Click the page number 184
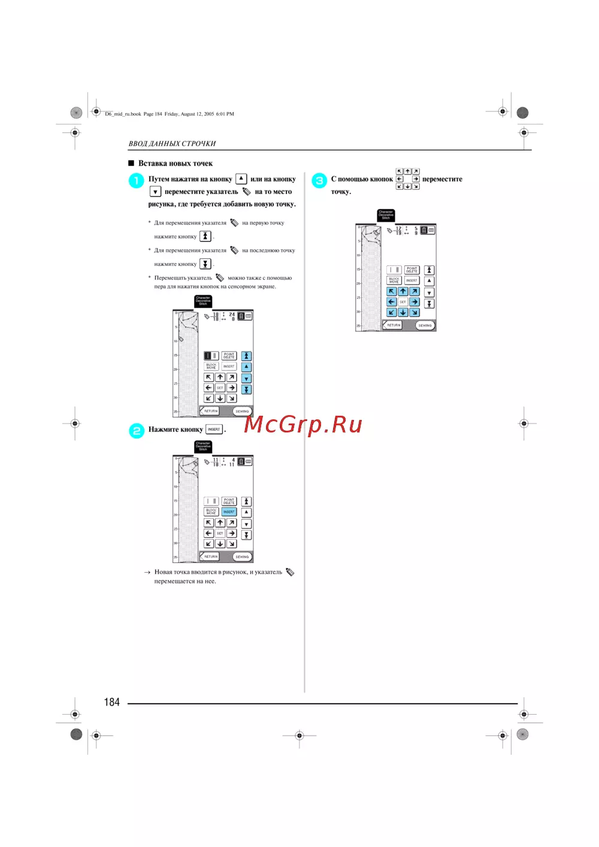112,702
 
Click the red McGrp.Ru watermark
303,424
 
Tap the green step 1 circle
137,180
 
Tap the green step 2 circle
137,431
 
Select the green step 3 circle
319,180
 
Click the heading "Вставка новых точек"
176,164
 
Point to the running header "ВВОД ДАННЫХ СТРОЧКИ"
172,144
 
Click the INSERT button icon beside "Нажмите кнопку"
214,429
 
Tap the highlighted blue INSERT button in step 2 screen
229,512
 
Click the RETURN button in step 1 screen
210,411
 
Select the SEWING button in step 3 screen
425,325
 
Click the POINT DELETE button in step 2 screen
229,501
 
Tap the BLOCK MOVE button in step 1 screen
211,366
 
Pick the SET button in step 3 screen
403,302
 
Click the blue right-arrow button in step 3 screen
415,302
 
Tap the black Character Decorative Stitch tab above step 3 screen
386,215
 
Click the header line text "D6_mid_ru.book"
123,114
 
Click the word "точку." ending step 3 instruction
341,192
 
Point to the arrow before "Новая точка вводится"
147,573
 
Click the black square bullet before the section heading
131,164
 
